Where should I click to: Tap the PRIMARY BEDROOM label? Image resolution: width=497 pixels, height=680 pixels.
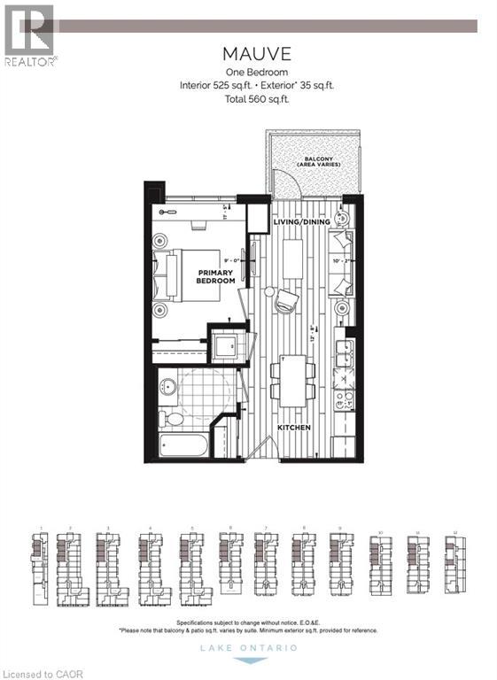(216, 276)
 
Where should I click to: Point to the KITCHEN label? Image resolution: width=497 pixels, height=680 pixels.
(293, 428)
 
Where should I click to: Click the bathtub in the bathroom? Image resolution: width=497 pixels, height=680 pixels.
(186, 444)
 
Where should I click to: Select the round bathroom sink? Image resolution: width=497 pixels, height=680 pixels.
(167, 385)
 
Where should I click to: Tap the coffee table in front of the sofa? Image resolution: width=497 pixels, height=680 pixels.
(293, 261)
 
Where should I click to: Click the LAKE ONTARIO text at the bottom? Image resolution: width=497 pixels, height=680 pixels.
(248, 648)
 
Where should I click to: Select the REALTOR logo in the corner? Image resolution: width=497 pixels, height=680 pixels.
(30, 35)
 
